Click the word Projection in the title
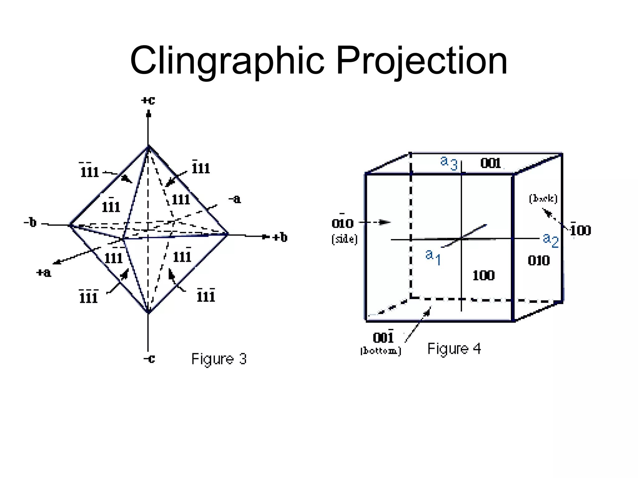421,61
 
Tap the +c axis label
148,101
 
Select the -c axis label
149,359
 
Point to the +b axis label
280,237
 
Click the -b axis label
30,223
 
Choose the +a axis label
44,273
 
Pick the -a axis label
235,199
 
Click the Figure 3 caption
219,359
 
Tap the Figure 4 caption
454,349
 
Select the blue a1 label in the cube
433,257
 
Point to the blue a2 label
550,240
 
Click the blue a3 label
449,163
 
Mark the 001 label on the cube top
490,163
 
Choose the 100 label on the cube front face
483,275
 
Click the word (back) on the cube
543,199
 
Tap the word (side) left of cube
344,239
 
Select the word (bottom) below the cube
381,351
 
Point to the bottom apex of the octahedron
148,312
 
